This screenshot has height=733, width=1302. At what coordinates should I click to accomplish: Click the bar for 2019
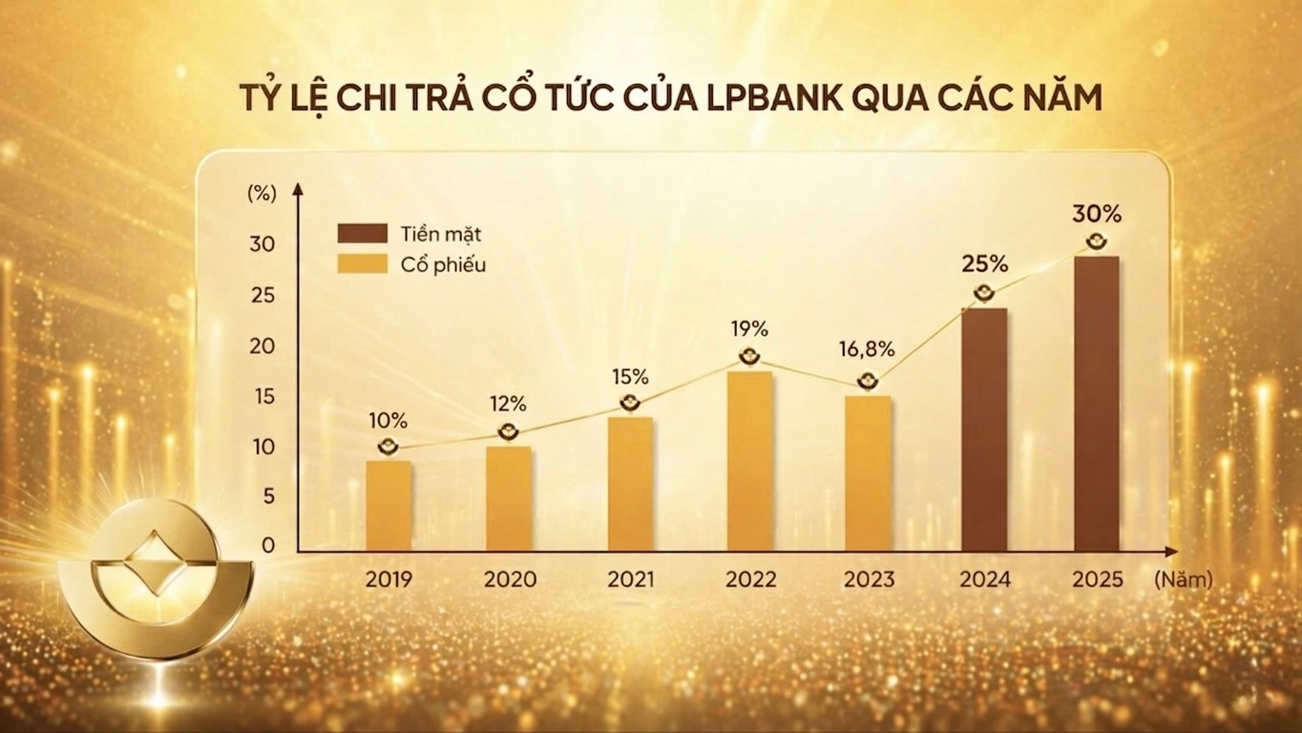pos(388,506)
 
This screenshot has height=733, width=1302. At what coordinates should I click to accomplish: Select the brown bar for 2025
pos(1097,404)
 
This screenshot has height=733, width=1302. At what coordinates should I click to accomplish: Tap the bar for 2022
pos(749,461)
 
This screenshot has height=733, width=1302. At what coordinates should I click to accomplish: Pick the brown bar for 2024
pos(983,429)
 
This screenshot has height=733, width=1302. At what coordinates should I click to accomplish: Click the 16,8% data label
pos(867,349)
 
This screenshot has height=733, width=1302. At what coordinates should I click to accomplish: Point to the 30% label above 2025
pos(1098,213)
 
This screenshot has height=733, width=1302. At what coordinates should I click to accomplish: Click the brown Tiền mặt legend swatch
pos(362,234)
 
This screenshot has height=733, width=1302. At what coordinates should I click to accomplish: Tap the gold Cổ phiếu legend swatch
pos(362,264)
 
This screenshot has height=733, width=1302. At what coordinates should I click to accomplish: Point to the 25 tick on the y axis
pos(262,295)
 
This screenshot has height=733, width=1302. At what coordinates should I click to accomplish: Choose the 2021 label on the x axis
pos(631,579)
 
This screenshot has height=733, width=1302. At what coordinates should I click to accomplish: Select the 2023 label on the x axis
pos(869,579)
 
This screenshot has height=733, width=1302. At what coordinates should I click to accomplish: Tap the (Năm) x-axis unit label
pos(1182,579)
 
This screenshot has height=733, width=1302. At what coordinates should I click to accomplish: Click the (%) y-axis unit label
pos(261,191)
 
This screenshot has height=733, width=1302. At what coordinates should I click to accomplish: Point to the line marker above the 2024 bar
pos(983,294)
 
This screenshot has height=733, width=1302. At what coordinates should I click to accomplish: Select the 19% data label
pos(749,329)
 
